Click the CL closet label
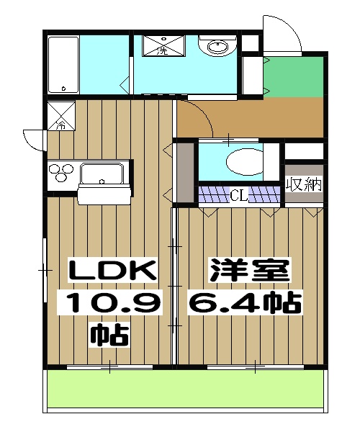pos(238,194)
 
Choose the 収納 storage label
pos(303,184)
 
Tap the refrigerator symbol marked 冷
pos(60,117)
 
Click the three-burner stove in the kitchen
pos(61,174)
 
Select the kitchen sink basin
pos(104,174)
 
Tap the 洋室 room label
pos(250,271)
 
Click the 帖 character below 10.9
pos(109,334)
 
